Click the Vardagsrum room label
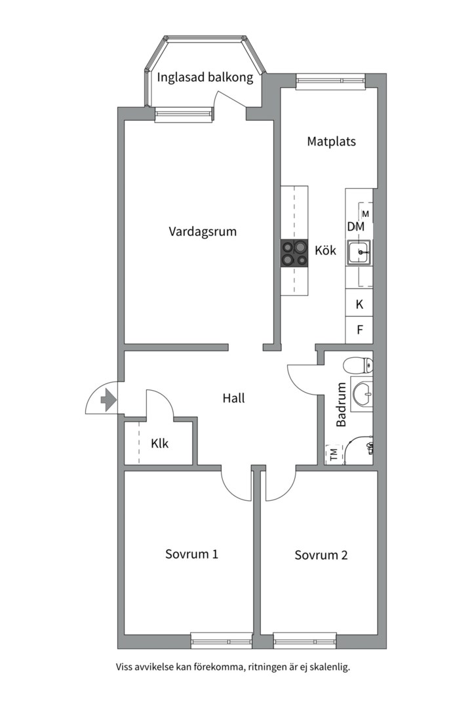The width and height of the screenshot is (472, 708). (x=203, y=231)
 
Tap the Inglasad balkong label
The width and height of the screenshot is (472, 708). (x=205, y=77)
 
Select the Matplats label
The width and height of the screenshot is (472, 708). (x=331, y=141)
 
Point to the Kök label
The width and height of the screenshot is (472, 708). (x=325, y=250)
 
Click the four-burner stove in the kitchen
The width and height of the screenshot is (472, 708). (x=294, y=253)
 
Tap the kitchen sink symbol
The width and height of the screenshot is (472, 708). (x=359, y=252)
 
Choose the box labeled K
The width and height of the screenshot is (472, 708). (x=359, y=304)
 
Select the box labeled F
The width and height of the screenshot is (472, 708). (x=359, y=330)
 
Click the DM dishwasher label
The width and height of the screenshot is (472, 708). (x=355, y=227)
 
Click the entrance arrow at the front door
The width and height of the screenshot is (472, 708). (x=107, y=399)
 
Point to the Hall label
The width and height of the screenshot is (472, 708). (x=233, y=398)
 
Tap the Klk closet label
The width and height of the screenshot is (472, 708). (x=159, y=444)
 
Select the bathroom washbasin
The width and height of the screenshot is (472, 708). (x=362, y=394)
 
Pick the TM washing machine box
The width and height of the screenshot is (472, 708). (x=334, y=454)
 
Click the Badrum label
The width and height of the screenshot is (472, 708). (x=342, y=405)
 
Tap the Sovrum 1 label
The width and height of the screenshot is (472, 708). (x=191, y=554)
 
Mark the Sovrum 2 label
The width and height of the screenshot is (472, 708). (x=321, y=555)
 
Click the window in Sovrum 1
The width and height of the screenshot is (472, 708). (x=221, y=639)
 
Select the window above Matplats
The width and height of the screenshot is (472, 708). (x=330, y=82)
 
